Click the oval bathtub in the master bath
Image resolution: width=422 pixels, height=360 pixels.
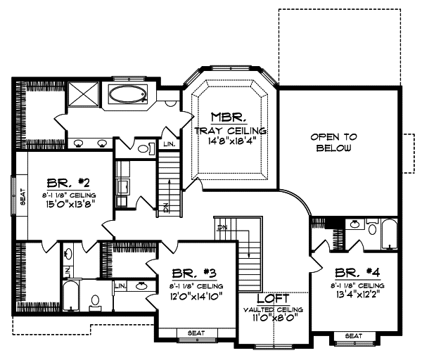[127, 93]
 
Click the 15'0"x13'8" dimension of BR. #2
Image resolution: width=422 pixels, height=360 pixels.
[68, 205]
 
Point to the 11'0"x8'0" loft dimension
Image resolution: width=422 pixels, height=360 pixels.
[274, 319]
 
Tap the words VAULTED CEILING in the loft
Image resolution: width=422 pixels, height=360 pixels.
[274, 309]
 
